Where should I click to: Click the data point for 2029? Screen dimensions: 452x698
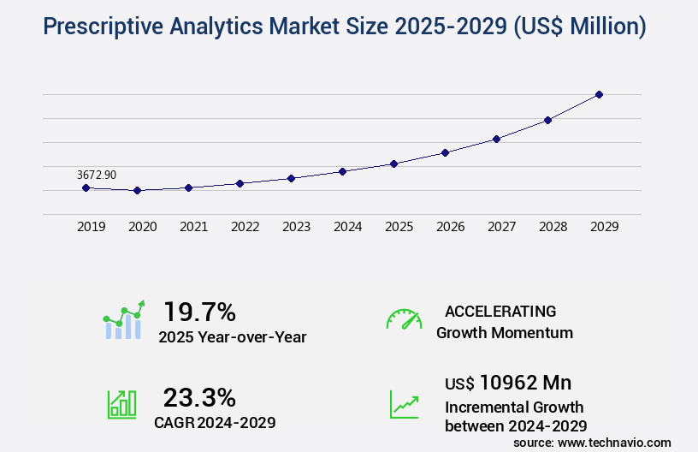pyautogui.click(x=599, y=94)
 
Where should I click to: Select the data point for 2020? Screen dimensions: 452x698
pyautogui.click(x=137, y=190)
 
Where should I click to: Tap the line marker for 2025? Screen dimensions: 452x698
pyautogui.click(x=393, y=164)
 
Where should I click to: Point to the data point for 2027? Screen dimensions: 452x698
pyautogui.click(x=496, y=139)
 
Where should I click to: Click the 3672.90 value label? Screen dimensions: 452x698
pyautogui.click(x=97, y=175)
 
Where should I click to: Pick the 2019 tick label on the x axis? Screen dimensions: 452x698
pyautogui.click(x=91, y=227)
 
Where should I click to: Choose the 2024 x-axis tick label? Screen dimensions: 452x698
pyautogui.click(x=347, y=227)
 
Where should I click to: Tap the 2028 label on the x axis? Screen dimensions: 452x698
pyautogui.click(x=553, y=227)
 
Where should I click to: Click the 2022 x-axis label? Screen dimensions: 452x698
pyautogui.click(x=245, y=227)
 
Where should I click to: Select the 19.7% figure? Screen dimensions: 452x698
pyautogui.click(x=199, y=312)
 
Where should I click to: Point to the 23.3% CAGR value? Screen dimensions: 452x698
pyautogui.click(x=199, y=397)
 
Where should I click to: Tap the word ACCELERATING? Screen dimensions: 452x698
pyautogui.click(x=500, y=311)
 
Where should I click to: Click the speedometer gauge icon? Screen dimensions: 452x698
pyautogui.click(x=404, y=319)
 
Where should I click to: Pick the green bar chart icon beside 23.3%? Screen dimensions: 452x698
pyautogui.click(x=121, y=404)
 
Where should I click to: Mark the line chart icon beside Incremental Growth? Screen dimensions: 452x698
pyautogui.click(x=404, y=404)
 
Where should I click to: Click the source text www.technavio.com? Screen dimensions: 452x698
pyautogui.click(x=614, y=442)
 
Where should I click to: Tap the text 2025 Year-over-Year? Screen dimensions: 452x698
pyautogui.click(x=232, y=337)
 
